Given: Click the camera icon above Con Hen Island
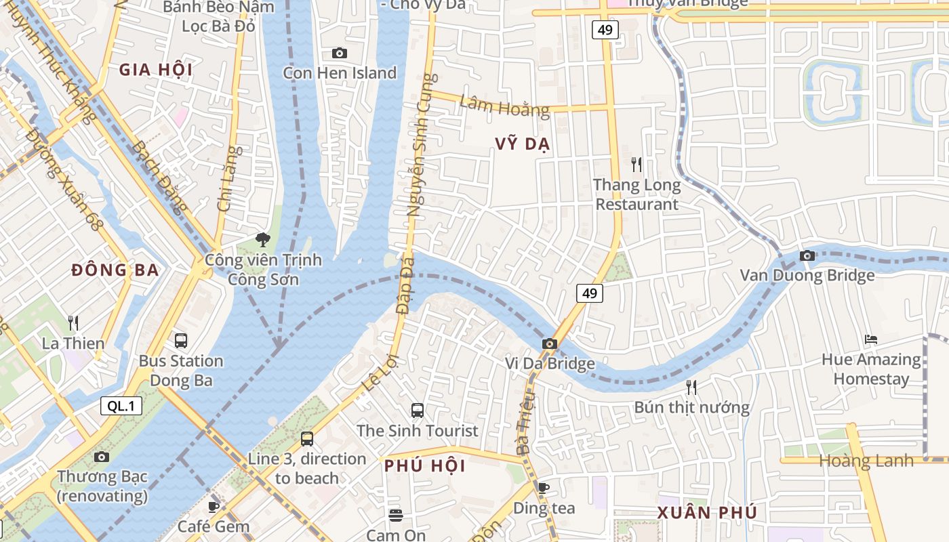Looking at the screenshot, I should (339, 53).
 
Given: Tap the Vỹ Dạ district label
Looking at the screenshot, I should (522, 144).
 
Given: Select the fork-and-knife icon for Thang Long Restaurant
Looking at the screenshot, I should (636, 164).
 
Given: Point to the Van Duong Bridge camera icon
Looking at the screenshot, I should (807, 255).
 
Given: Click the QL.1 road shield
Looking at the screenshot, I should (121, 406).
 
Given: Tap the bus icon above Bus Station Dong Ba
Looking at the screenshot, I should (181, 340).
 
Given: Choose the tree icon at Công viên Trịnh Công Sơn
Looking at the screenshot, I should (263, 239).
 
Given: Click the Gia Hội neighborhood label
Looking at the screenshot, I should (156, 70).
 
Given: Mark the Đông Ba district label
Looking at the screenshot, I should (115, 270).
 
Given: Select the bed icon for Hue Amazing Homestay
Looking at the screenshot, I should (871, 339).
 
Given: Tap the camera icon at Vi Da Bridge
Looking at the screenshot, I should (550, 344).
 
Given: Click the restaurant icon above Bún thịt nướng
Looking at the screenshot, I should (691, 387).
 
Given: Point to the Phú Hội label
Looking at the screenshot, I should (425, 466).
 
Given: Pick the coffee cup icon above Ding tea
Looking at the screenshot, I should (543, 487).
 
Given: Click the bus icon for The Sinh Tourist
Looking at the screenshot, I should (418, 410).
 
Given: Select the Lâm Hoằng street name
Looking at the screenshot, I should (504, 106).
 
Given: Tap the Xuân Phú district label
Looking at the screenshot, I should (707, 512).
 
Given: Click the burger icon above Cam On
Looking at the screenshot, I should (396, 515).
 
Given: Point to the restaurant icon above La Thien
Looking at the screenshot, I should (73, 322).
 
